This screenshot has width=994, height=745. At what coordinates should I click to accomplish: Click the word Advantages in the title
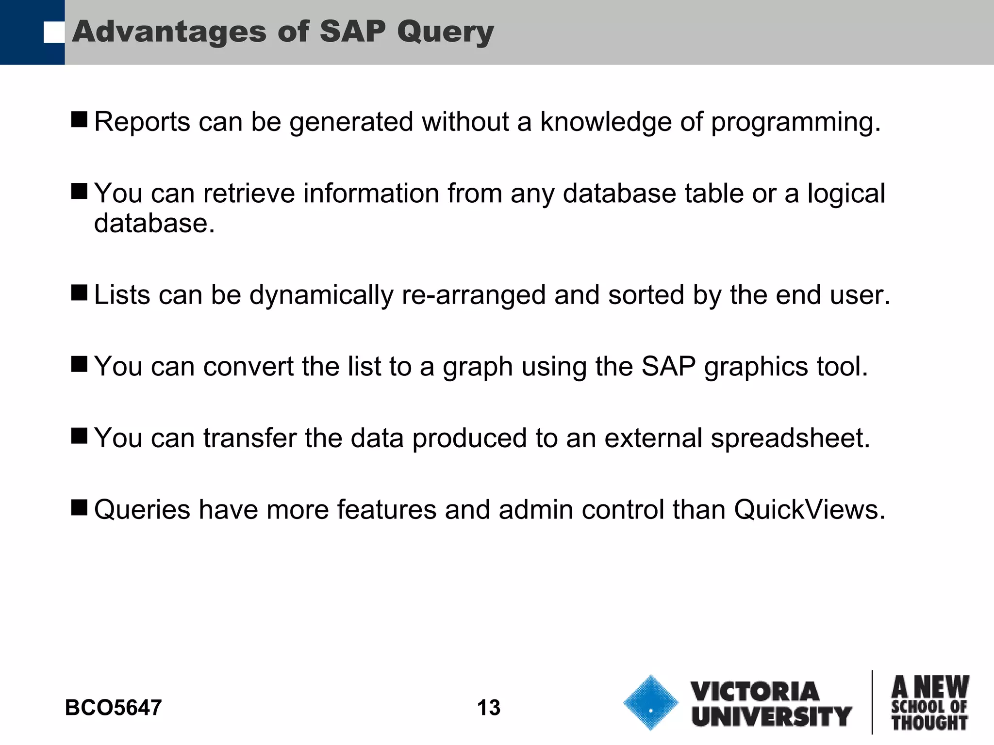(x=169, y=32)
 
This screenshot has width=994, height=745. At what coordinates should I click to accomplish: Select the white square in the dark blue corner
(x=54, y=32)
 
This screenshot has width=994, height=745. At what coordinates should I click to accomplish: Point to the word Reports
(x=142, y=122)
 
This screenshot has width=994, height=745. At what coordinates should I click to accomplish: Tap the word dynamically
(x=321, y=296)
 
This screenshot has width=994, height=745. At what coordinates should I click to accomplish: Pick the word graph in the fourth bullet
(x=478, y=368)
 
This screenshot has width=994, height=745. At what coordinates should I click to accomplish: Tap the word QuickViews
(x=809, y=510)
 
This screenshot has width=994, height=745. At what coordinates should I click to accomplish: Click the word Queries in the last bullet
(x=142, y=510)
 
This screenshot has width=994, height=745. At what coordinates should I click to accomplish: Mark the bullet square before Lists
(x=79, y=292)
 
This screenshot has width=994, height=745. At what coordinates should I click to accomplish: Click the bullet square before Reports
(x=79, y=119)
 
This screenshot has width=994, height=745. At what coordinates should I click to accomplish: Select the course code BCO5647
(x=113, y=708)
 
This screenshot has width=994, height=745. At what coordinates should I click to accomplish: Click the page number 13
(x=488, y=708)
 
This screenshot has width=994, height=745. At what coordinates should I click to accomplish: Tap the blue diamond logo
(x=650, y=702)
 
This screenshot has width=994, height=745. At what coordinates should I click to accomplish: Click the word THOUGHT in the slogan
(x=929, y=723)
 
